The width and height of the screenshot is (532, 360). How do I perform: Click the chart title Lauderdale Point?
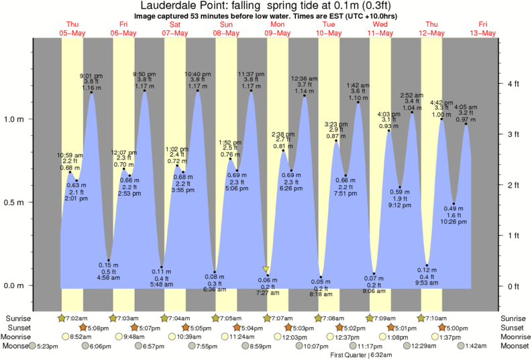click(266, 5)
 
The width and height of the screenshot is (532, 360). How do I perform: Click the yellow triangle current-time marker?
click(266, 269)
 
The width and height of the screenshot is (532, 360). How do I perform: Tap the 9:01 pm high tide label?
click(91, 76)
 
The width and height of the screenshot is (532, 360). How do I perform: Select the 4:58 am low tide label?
click(109, 277)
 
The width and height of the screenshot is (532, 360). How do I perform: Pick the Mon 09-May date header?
click(276, 29)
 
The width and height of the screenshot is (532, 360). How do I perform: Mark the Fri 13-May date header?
click(483, 29)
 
